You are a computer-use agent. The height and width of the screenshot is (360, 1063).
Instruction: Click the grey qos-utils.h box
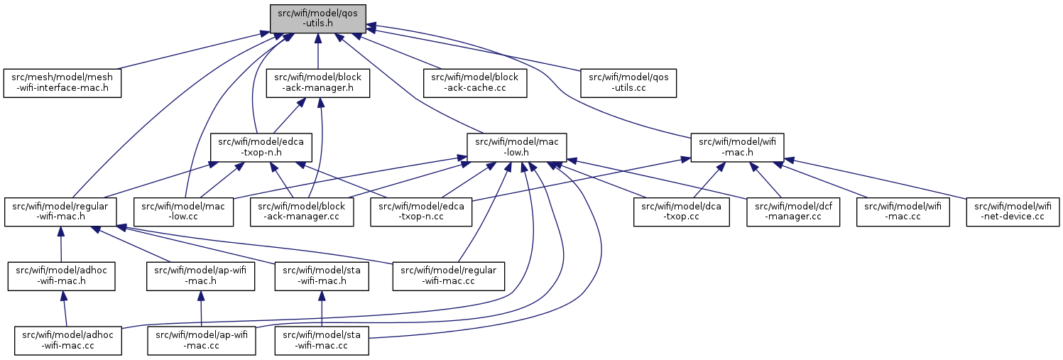(318, 19)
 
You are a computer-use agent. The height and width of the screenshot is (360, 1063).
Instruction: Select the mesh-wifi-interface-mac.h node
(62, 84)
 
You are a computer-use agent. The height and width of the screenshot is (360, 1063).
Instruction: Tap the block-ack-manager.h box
(318, 84)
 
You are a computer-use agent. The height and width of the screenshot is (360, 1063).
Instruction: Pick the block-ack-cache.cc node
(475, 84)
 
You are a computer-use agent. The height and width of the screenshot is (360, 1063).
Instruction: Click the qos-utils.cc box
(628, 84)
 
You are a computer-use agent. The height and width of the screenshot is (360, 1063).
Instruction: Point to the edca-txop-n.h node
(261, 148)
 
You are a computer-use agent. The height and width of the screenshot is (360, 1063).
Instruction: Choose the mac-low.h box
(517, 148)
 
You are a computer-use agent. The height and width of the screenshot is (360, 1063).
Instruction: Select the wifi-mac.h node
(737, 148)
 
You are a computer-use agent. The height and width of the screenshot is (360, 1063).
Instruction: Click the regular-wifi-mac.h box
(60, 212)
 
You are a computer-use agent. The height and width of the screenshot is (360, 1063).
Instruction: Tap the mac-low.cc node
(184, 212)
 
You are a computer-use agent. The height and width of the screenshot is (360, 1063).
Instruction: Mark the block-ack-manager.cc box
(302, 212)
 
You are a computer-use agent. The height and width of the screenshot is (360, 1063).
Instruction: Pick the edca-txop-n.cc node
(421, 212)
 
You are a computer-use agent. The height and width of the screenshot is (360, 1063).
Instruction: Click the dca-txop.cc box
(682, 212)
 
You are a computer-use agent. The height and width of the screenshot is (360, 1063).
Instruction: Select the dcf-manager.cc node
(793, 212)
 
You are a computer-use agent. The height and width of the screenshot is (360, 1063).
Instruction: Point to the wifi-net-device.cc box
(1013, 212)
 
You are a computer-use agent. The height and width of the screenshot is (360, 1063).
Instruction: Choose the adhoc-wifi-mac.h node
(61, 276)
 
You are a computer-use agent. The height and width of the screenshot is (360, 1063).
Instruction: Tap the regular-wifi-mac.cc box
(449, 276)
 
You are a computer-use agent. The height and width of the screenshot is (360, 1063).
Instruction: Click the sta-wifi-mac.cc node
(322, 341)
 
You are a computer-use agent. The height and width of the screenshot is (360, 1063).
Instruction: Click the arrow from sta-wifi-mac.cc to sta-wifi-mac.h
(322, 308)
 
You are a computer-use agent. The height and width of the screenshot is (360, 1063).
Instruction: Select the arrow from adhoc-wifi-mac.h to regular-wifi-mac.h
(60, 244)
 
